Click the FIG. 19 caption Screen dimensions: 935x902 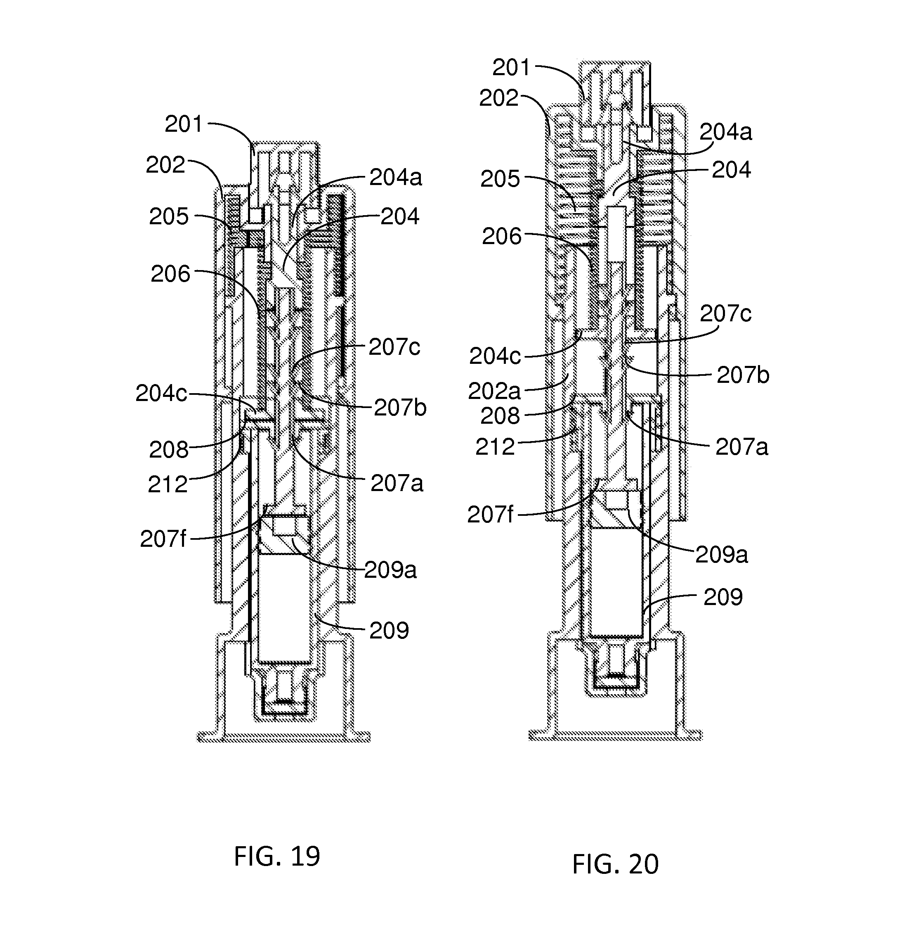click(x=276, y=856)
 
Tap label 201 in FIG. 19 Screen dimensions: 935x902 click(x=184, y=124)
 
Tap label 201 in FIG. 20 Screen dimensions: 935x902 click(x=511, y=68)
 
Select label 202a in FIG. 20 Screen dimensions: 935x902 click(x=494, y=391)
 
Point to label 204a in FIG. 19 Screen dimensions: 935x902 click(x=396, y=178)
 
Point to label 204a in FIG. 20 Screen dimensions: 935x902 click(x=726, y=132)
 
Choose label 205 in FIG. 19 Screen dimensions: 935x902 click(x=169, y=216)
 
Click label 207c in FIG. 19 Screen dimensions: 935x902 click(x=394, y=347)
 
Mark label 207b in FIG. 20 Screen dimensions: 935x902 click(x=743, y=375)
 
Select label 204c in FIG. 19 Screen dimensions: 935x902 click(x=161, y=394)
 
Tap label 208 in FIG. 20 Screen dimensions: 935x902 click(x=500, y=416)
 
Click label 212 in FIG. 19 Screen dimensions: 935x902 click(x=168, y=485)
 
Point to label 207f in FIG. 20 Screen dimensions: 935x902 click(x=490, y=515)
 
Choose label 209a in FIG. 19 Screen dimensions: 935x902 click(x=390, y=570)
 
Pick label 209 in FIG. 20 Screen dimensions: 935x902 click(x=723, y=597)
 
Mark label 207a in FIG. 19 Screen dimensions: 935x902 click(x=397, y=484)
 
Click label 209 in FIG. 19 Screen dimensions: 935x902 click(x=389, y=631)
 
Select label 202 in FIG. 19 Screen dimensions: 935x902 click(x=165, y=165)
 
